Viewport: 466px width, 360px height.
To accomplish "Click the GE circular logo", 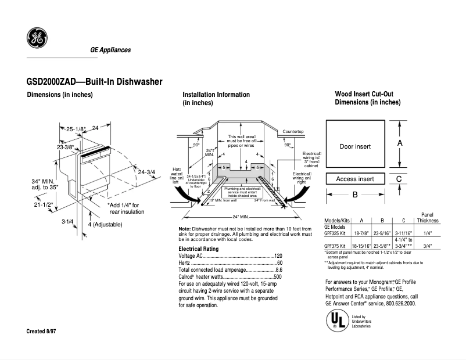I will pos(37,39).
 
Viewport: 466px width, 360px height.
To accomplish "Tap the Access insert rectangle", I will pos(354,179).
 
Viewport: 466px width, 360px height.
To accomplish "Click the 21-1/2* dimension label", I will pos(43,204).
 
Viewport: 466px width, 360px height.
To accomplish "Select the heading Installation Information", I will pos(216,95).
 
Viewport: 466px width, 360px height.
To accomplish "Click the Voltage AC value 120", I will pos(278,256).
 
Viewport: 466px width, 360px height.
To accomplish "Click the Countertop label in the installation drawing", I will pos(293,132).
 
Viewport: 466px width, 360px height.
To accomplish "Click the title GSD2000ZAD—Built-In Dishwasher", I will pos(94,82).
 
